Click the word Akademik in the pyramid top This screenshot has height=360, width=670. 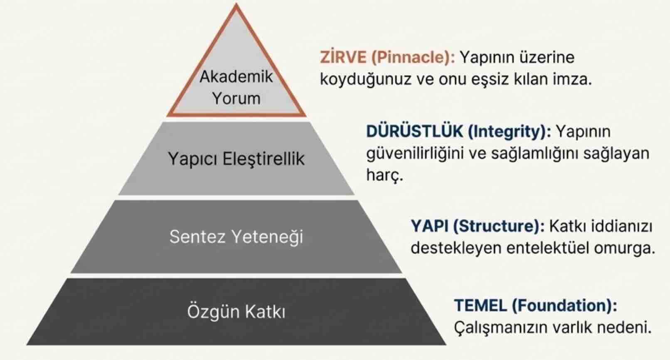pyautogui.click(x=236, y=76)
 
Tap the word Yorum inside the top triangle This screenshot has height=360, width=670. pyautogui.click(x=236, y=99)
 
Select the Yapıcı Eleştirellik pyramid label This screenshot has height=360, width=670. pyautogui.click(x=236, y=159)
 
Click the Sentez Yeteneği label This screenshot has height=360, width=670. pyautogui.click(x=236, y=237)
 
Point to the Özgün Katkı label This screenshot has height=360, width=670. pyautogui.click(x=236, y=312)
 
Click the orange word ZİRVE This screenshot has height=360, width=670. pyautogui.click(x=343, y=57)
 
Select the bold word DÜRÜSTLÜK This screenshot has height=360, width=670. pyautogui.click(x=414, y=131)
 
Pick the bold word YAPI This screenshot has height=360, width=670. pyautogui.click(x=429, y=226)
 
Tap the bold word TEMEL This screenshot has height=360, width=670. pyautogui.click(x=480, y=306)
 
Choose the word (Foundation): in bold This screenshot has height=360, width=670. pyautogui.click(x=564, y=306)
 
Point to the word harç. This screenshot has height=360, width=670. pyautogui.click(x=384, y=175)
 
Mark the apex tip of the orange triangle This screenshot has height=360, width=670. pyautogui.click(x=236, y=5)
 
